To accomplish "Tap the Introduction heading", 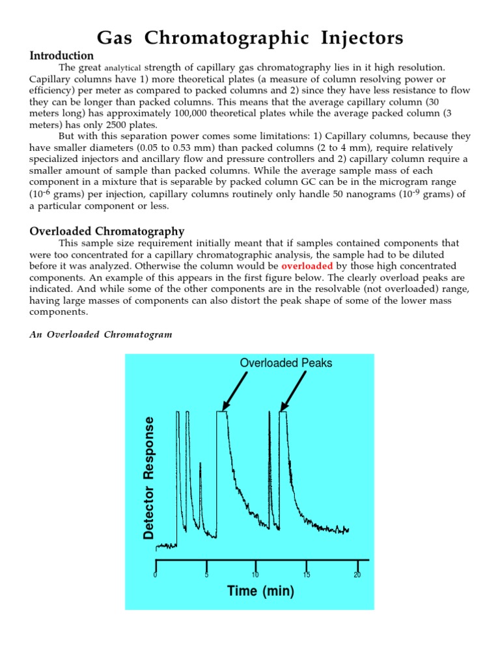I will tap(62, 56).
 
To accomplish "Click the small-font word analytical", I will tap(122, 68).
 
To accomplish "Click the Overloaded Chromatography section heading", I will tap(107, 231).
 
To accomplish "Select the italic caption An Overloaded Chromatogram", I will tap(101, 334).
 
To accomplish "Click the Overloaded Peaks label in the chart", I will tap(286, 363).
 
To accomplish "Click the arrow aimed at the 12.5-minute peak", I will tap(294, 391).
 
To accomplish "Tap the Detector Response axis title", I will tap(149, 478).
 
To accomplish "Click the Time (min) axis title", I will tap(260, 591).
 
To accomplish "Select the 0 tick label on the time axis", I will tap(155, 574).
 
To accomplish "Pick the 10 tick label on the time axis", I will tap(255, 574).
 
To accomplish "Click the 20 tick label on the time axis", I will tap(357, 574).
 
